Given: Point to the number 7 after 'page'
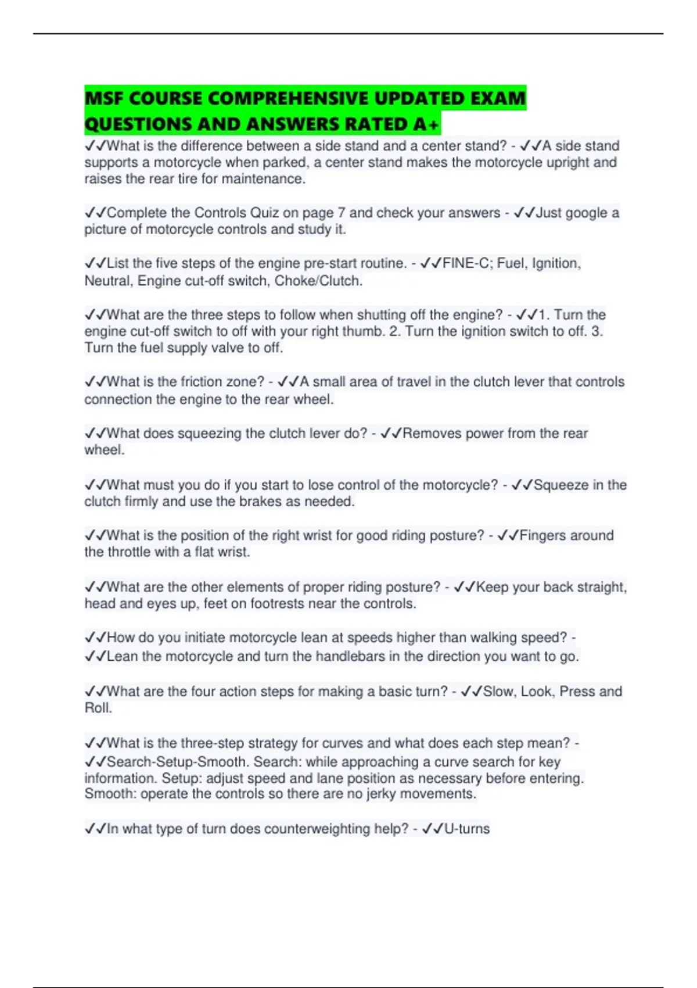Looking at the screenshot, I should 342,213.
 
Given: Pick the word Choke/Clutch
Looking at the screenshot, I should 318,281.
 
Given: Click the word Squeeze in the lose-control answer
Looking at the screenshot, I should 561,485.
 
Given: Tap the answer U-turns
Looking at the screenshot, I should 466,829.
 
